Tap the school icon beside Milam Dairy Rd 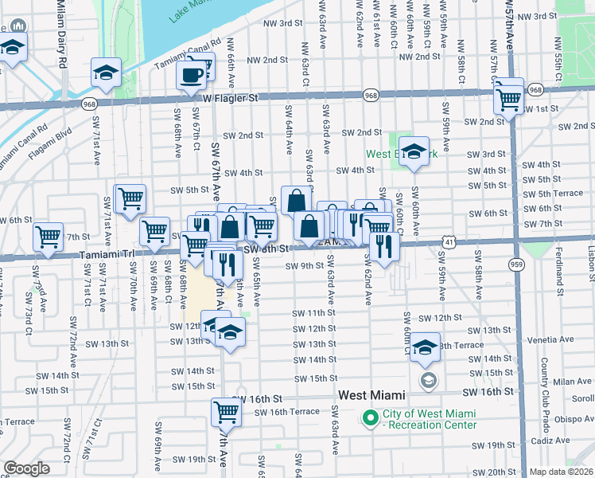106,73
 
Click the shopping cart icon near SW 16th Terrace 227,413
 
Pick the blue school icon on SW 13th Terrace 426,347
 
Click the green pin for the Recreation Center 370,417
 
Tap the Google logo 26,468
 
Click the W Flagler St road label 231,98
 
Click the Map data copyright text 562,472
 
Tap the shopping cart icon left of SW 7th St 49,237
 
